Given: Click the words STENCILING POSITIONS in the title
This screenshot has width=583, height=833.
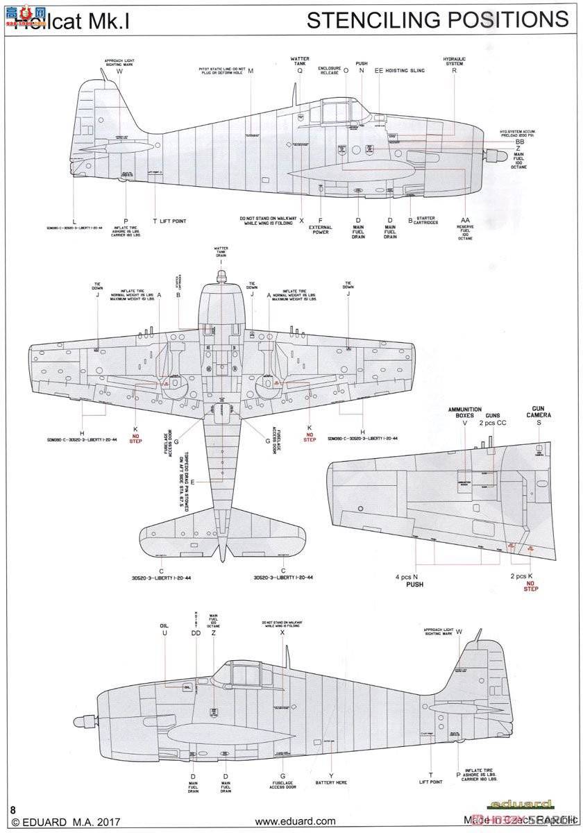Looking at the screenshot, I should point(437,19).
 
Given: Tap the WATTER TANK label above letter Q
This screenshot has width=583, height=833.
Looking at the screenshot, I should point(301,61).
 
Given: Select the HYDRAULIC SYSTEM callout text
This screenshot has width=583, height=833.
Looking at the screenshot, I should point(453,61).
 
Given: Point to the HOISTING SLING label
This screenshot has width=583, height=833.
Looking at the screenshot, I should point(400,70).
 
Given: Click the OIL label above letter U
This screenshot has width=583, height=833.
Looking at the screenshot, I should point(164,624).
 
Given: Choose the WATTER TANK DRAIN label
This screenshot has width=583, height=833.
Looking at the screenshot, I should point(221,251).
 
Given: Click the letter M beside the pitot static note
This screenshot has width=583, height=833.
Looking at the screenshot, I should point(250,71).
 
